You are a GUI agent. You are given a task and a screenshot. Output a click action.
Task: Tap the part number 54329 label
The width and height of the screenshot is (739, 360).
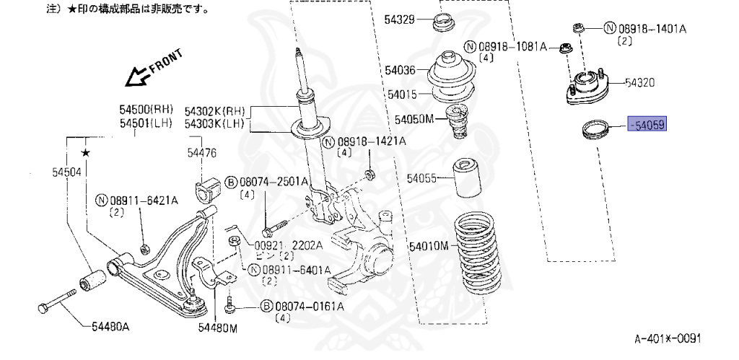click(399, 19)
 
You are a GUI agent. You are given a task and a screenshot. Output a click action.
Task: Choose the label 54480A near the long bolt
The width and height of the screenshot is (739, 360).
click(110, 327)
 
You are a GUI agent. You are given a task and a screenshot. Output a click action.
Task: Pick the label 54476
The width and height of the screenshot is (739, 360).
click(202, 153)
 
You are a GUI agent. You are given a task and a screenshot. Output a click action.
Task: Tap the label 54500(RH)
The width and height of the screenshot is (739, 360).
click(147, 110)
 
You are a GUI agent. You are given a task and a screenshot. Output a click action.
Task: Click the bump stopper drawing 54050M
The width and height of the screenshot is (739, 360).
click(456, 122)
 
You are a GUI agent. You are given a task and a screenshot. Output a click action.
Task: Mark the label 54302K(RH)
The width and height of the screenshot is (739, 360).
click(214, 112)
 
